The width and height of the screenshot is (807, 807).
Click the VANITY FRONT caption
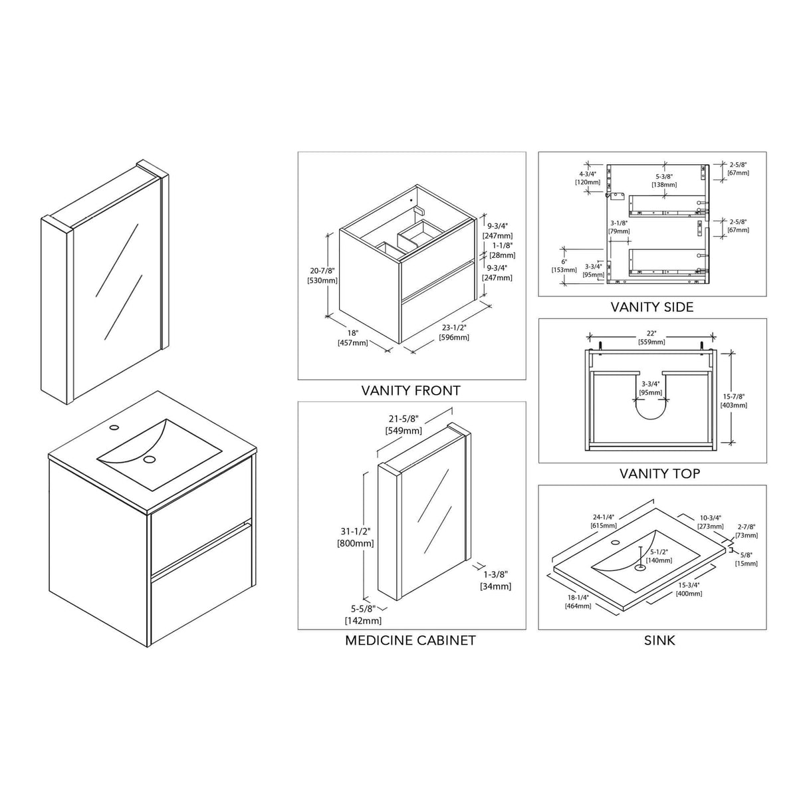[x=411, y=391]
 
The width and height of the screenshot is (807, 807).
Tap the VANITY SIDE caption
[x=652, y=307]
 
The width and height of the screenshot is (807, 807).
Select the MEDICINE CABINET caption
[x=410, y=640]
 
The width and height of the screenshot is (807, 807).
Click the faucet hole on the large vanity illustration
[x=114, y=427]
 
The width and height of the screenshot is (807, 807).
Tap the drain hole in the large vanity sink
[x=149, y=459]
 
